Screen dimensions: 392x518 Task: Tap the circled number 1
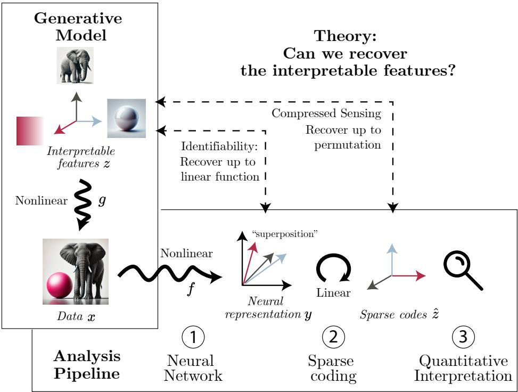[x=193, y=337]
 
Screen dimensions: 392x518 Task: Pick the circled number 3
[x=464, y=337]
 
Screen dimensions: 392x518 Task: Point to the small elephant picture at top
[x=75, y=66]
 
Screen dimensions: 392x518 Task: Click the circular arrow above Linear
[x=333, y=268]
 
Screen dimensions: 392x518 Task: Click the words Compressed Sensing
[x=327, y=113]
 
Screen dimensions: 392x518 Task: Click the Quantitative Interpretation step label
[x=463, y=369]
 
